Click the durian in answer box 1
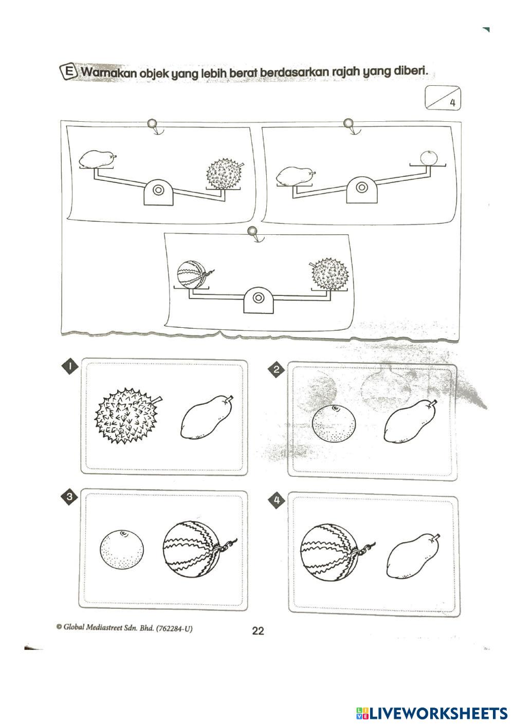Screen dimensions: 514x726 coord(128,416)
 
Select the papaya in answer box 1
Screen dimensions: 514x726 coord(207,417)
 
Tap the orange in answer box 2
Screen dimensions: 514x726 coord(334,423)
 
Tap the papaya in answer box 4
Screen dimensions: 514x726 coord(413,556)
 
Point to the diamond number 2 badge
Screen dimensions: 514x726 coord(277,369)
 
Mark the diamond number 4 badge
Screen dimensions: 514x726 coord(277,500)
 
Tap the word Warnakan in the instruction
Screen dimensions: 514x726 coord(108,72)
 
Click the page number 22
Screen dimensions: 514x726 coord(258,631)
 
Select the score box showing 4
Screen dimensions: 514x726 coord(443,98)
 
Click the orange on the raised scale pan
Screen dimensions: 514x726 coord(429,158)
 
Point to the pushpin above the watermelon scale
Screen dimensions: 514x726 coord(252,231)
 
